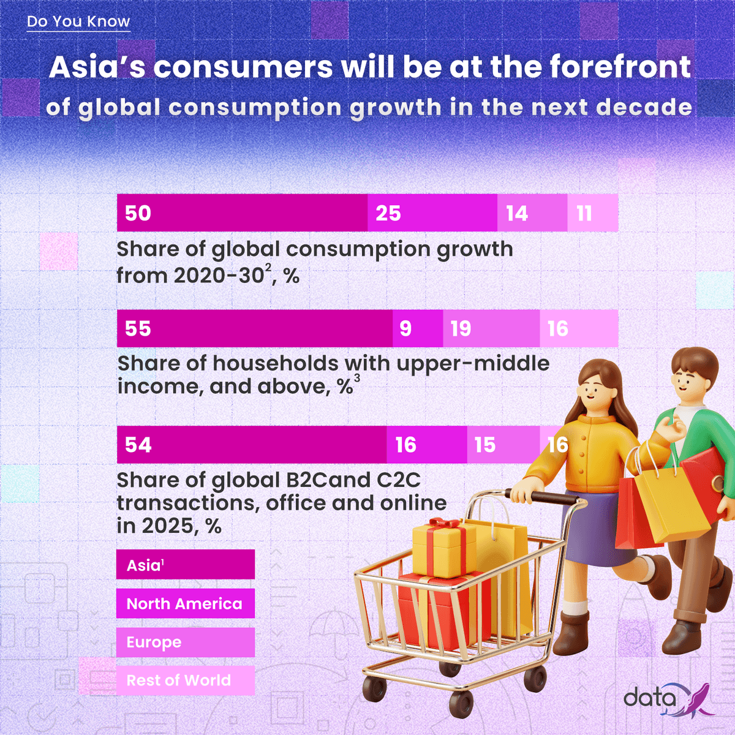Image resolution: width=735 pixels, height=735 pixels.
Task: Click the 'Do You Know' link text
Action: (x=78, y=21)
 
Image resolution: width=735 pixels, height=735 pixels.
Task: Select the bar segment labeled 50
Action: (x=242, y=213)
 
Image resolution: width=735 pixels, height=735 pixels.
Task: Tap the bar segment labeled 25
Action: (x=432, y=213)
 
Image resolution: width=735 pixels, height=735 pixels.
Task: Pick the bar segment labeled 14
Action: (x=532, y=213)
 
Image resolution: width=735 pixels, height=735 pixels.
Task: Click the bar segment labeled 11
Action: (x=592, y=213)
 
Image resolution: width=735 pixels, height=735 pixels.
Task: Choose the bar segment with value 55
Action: (x=254, y=329)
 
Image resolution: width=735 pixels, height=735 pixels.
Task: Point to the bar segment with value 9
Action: (x=417, y=329)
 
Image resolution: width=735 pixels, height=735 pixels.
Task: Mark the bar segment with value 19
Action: (x=491, y=329)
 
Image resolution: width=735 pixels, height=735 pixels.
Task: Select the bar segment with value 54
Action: (x=251, y=445)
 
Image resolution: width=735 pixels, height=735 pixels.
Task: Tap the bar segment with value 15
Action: (x=502, y=445)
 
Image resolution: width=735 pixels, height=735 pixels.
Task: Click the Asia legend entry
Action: (x=185, y=565)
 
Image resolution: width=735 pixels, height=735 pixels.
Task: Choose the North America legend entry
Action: (x=185, y=604)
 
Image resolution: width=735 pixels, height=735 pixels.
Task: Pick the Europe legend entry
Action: (x=185, y=643)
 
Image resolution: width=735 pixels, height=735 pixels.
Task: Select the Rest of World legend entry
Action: (x=185, y=680)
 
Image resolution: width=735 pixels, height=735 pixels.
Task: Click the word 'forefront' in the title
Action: (x=620, y=67)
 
